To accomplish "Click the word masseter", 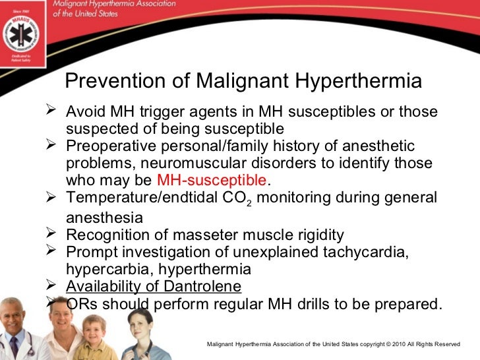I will point(198,234).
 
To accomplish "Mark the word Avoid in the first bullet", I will point(84,111).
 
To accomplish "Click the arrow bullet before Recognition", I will point(55,233).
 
